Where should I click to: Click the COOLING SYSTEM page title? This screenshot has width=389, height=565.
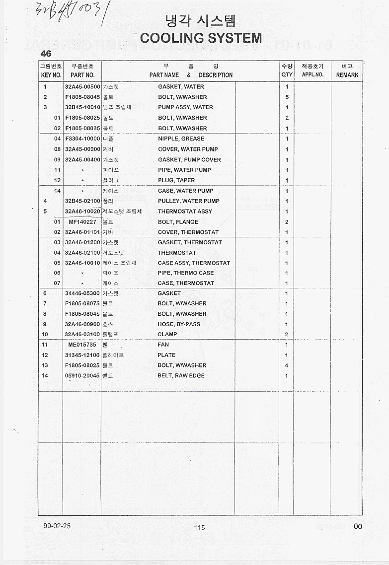(201, 38)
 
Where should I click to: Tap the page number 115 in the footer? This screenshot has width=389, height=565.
(200, 528)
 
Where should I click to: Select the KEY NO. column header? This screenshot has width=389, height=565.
(51, 75)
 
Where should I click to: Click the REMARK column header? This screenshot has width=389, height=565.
(347, 75)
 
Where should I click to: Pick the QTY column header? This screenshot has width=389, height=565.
(287, 75)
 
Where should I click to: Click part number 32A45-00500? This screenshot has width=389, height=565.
(82, 87)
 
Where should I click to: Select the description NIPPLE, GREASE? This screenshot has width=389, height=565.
(181, 139)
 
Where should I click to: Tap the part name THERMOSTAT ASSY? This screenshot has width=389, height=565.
(185, 212)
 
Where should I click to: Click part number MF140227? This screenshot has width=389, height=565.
(82, 222)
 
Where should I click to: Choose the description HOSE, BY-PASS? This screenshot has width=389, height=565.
(179, 324)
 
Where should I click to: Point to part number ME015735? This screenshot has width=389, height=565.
(82, 345)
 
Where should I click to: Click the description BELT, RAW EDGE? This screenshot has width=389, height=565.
(181, 376)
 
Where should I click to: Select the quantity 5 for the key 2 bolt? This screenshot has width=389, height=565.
(287, 97)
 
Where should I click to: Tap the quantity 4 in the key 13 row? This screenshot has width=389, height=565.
(287, 365)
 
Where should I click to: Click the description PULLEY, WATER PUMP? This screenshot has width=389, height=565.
(188, 201)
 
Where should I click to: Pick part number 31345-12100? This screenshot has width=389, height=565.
(82, 355)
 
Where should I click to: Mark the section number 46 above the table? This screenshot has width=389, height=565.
(46, 54)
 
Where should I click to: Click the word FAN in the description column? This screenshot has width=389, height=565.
(163, 345)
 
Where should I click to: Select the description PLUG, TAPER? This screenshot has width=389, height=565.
(176, 180)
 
